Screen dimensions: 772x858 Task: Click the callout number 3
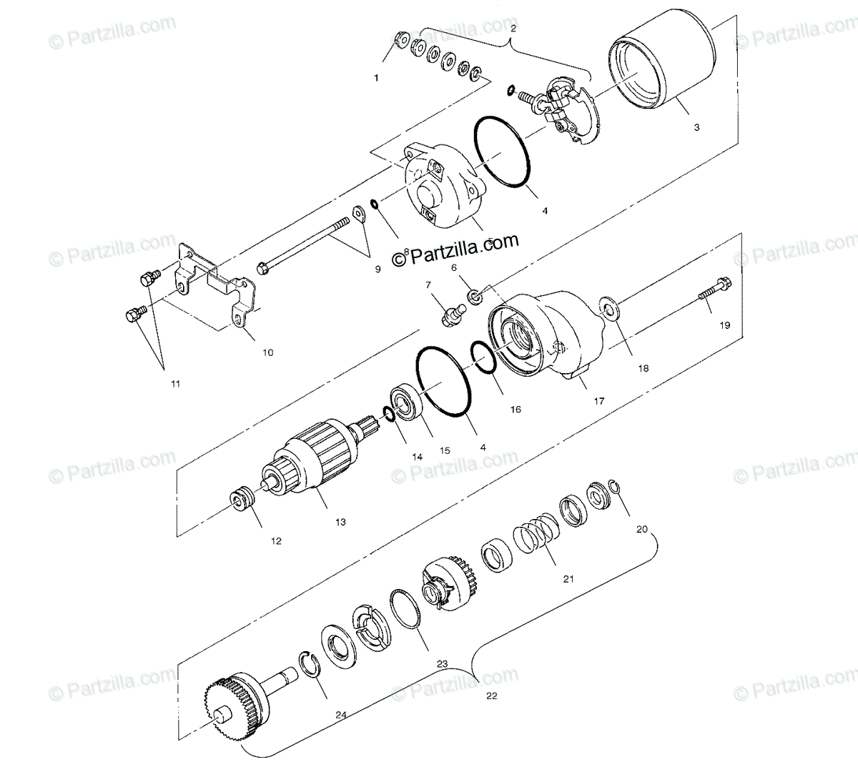[x=696, y=127]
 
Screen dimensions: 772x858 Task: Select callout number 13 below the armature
[x=340, y=523]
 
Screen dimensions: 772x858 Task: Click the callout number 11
[x=175, y=384]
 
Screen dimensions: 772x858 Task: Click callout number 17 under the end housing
[x=599, y=401]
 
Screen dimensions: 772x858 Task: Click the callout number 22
[x=490, y=695]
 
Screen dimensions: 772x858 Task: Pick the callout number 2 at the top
[x=513, y=28]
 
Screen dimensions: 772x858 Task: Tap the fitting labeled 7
[x=453, y=315]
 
